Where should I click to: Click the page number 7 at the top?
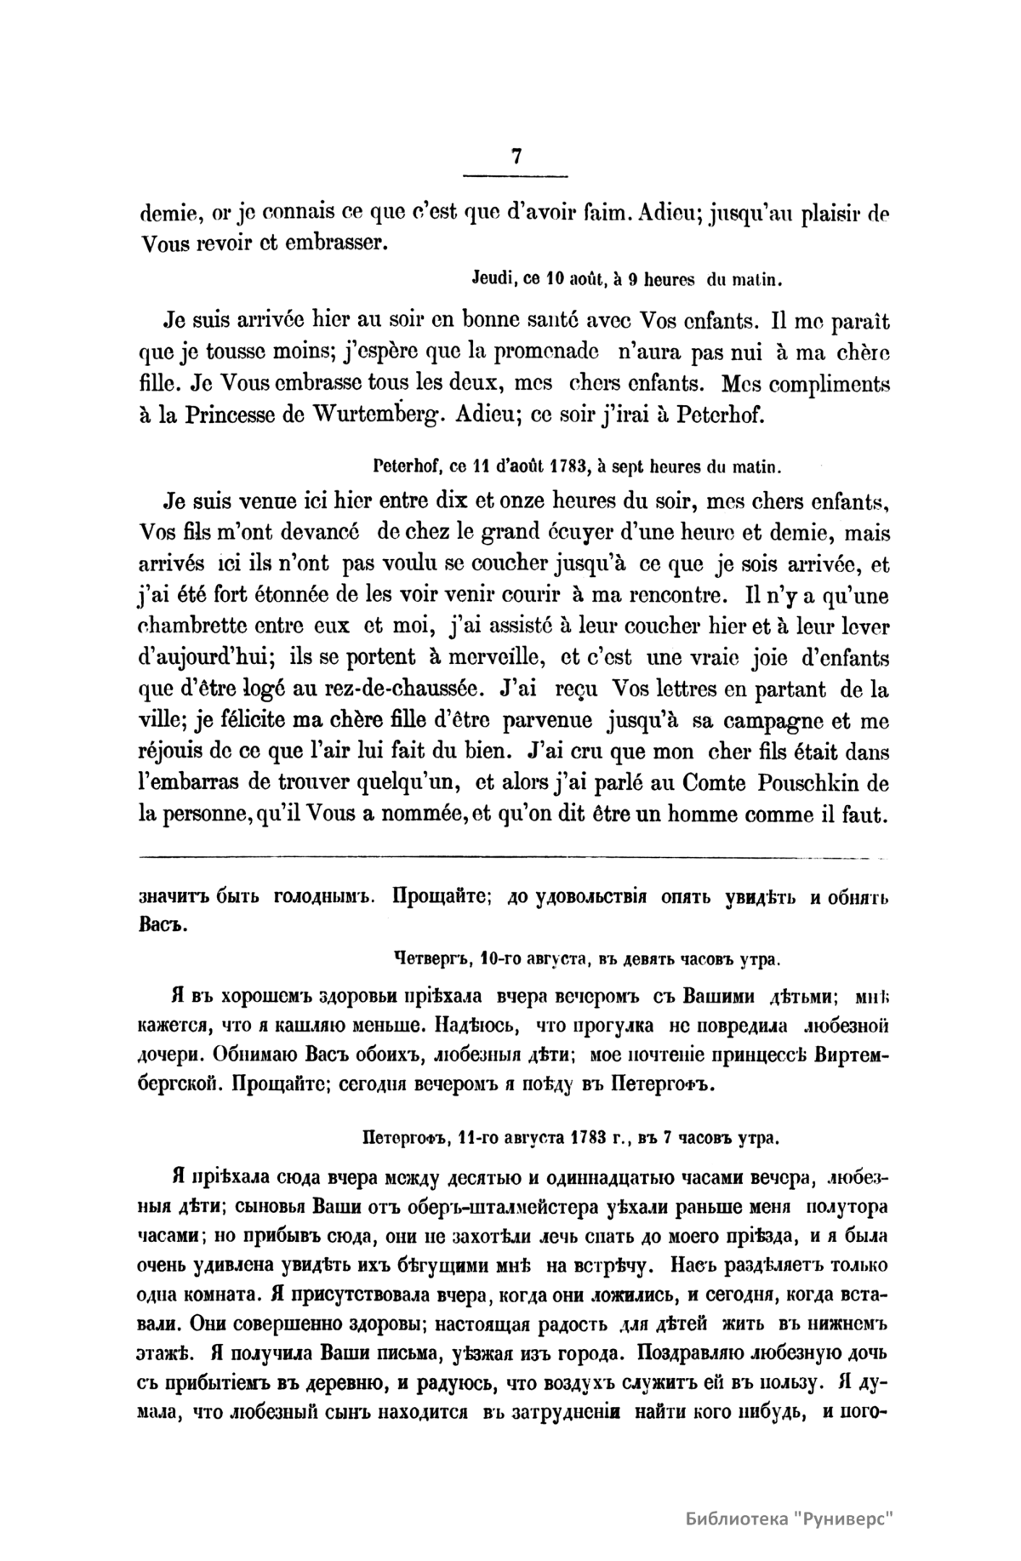516,157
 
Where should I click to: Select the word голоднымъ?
319,897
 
